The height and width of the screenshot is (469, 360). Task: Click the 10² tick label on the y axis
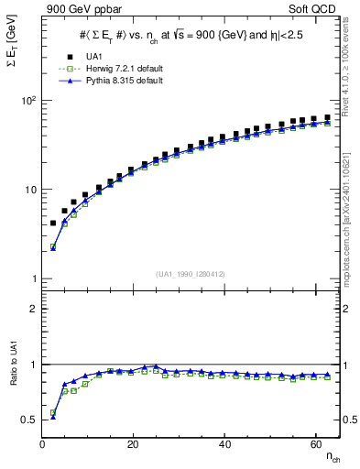click(x=27, y=100)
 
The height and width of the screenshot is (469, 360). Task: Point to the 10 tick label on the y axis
click(x=29, y=190)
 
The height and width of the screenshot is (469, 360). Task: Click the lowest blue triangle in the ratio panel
click(x=52, y=417)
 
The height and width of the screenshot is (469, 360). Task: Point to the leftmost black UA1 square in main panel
click(x=52, y=223)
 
